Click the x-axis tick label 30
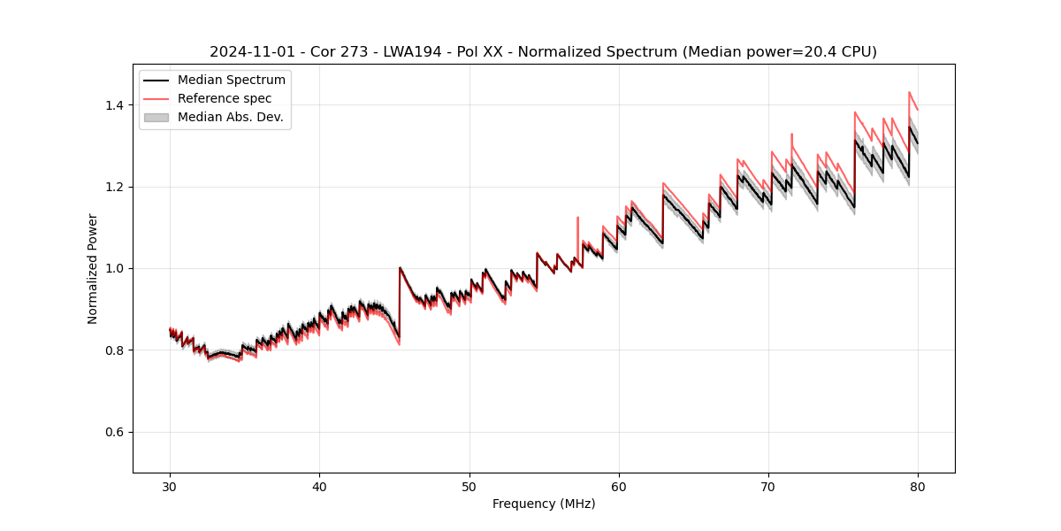coord(170,486)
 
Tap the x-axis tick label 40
coord(319,486)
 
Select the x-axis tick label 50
coord(469,486)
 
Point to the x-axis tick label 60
coord(619,486)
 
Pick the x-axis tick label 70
coord(768,486)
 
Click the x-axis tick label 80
coord(918,486)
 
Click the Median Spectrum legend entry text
coord(231,81)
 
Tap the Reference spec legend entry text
coord(225,98)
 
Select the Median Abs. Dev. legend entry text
coord(230,117)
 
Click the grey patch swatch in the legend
coord(156,117)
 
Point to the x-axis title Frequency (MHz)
coord(544,504)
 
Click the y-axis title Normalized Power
coord(93,268)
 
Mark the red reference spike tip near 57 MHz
coord(577,217)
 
